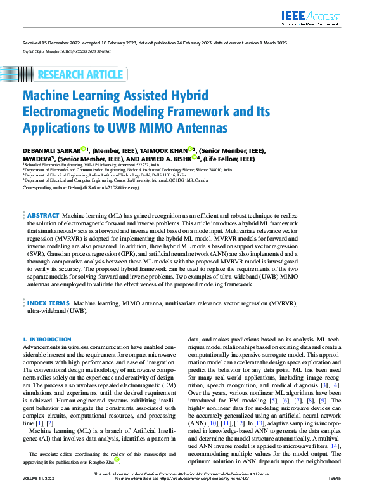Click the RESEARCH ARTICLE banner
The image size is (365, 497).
[x=82, y=74]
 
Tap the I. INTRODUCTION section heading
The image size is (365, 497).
[x=47, y=340]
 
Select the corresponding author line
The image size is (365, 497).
[x=80, y=189]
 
